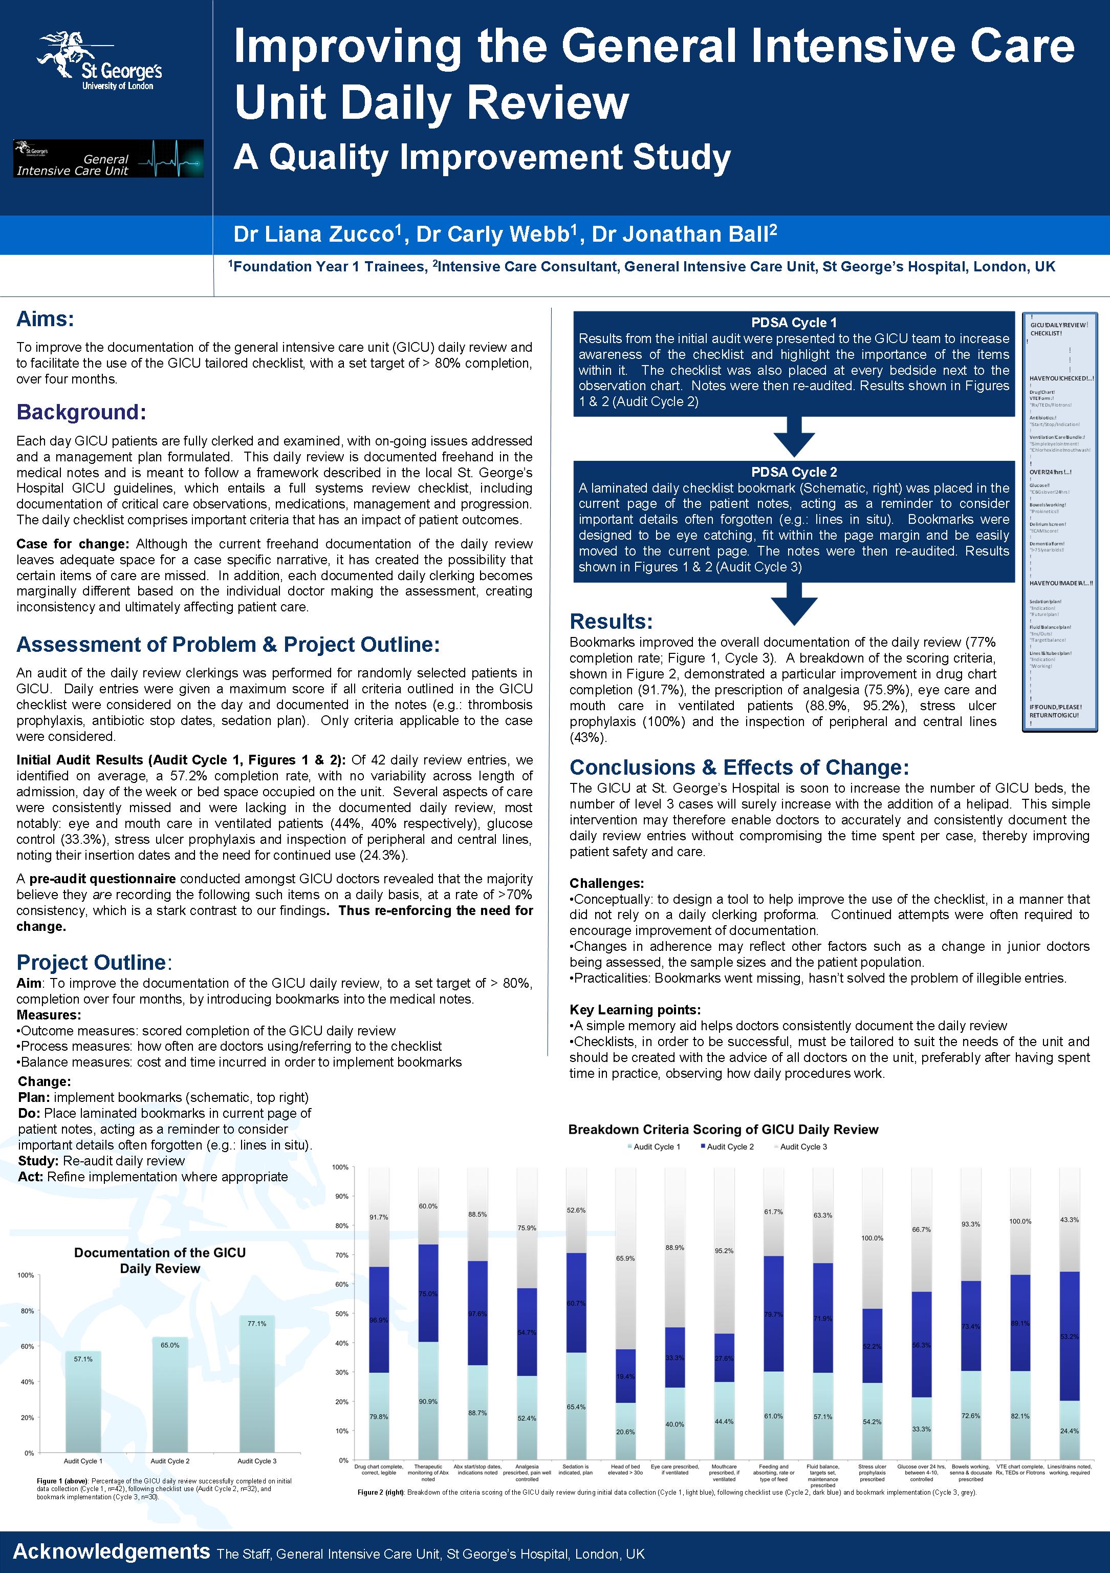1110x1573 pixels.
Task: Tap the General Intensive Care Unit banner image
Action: click(108, 159)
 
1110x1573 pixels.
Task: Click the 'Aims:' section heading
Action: click(45, 318)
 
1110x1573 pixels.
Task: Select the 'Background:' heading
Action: click(81, 412)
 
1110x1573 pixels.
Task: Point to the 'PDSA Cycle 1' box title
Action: click(794, 323)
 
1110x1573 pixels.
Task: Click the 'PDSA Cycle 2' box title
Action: click(794, 472)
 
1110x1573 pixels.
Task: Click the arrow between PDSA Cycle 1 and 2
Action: click(794, 436)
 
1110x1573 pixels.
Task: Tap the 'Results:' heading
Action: click(612, 622)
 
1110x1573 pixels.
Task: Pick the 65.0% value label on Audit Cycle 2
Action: click(170, 1345)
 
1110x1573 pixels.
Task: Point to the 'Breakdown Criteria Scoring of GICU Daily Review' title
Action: click(723, 1130)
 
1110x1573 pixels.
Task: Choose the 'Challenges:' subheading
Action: click(607, 883)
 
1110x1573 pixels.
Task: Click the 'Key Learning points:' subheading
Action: click(635, 1010)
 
